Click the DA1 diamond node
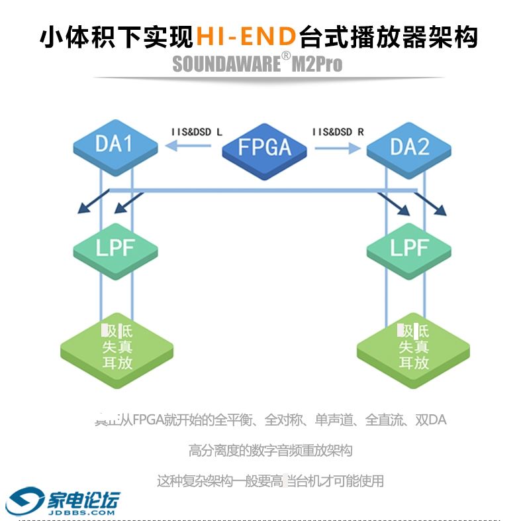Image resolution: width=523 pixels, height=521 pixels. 115,144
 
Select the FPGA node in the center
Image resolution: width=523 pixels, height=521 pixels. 265,147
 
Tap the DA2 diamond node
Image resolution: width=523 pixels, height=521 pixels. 409,146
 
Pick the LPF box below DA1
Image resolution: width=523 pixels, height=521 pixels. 115,248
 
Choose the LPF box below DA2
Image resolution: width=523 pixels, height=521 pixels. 409,248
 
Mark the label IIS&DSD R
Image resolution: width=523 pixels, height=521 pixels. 338,132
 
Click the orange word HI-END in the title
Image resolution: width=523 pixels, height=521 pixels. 246,36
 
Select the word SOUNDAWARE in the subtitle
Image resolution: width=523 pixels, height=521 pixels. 226,64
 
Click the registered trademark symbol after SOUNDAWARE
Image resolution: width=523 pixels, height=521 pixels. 286,57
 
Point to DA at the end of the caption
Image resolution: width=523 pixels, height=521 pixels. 438,420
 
